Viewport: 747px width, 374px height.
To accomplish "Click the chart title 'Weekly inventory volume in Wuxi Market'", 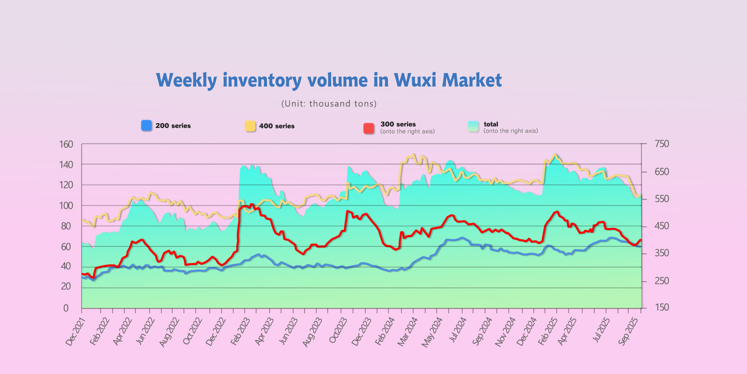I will click(329, 80).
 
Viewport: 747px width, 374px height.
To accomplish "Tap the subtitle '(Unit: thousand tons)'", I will click(329, 104).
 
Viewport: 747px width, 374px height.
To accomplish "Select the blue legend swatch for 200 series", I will click(147, 125).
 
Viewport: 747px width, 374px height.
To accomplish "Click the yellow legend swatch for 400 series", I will click(250, 126).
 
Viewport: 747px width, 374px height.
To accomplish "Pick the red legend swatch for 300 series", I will click(369, 128).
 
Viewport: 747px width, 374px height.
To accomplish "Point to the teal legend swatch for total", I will click(473, 127).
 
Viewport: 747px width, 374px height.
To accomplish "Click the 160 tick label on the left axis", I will click(66, 145).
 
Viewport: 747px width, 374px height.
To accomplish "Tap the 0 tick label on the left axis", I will click(66, 308).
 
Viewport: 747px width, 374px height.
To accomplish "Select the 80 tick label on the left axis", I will click(66, 226).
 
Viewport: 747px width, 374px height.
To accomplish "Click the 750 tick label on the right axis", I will click(662, 144).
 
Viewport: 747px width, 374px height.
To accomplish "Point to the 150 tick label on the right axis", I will click(662, 307).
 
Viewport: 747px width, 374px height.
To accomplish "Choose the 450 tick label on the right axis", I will click(662, 226).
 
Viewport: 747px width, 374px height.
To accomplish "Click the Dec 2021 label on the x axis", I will click(76, 332).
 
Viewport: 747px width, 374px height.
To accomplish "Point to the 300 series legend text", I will click(398, 124).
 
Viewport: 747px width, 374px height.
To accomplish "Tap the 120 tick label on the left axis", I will click(66, 185).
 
